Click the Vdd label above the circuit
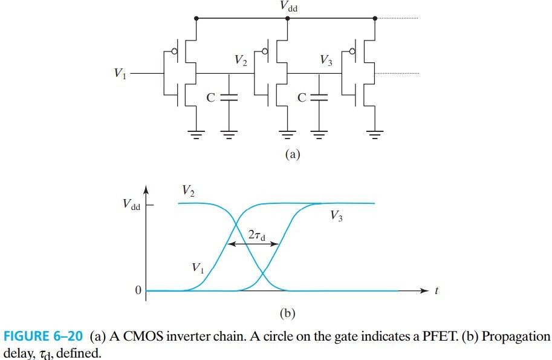288,7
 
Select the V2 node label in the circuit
241,60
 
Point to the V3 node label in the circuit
326,60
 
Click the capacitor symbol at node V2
229,97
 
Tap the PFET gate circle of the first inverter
175,52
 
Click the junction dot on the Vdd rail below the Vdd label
287,18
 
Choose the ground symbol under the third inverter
375,134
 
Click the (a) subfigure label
292,154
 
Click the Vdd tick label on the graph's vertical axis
129,206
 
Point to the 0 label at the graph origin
138,291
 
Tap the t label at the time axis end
436,291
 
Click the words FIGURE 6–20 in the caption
44,336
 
